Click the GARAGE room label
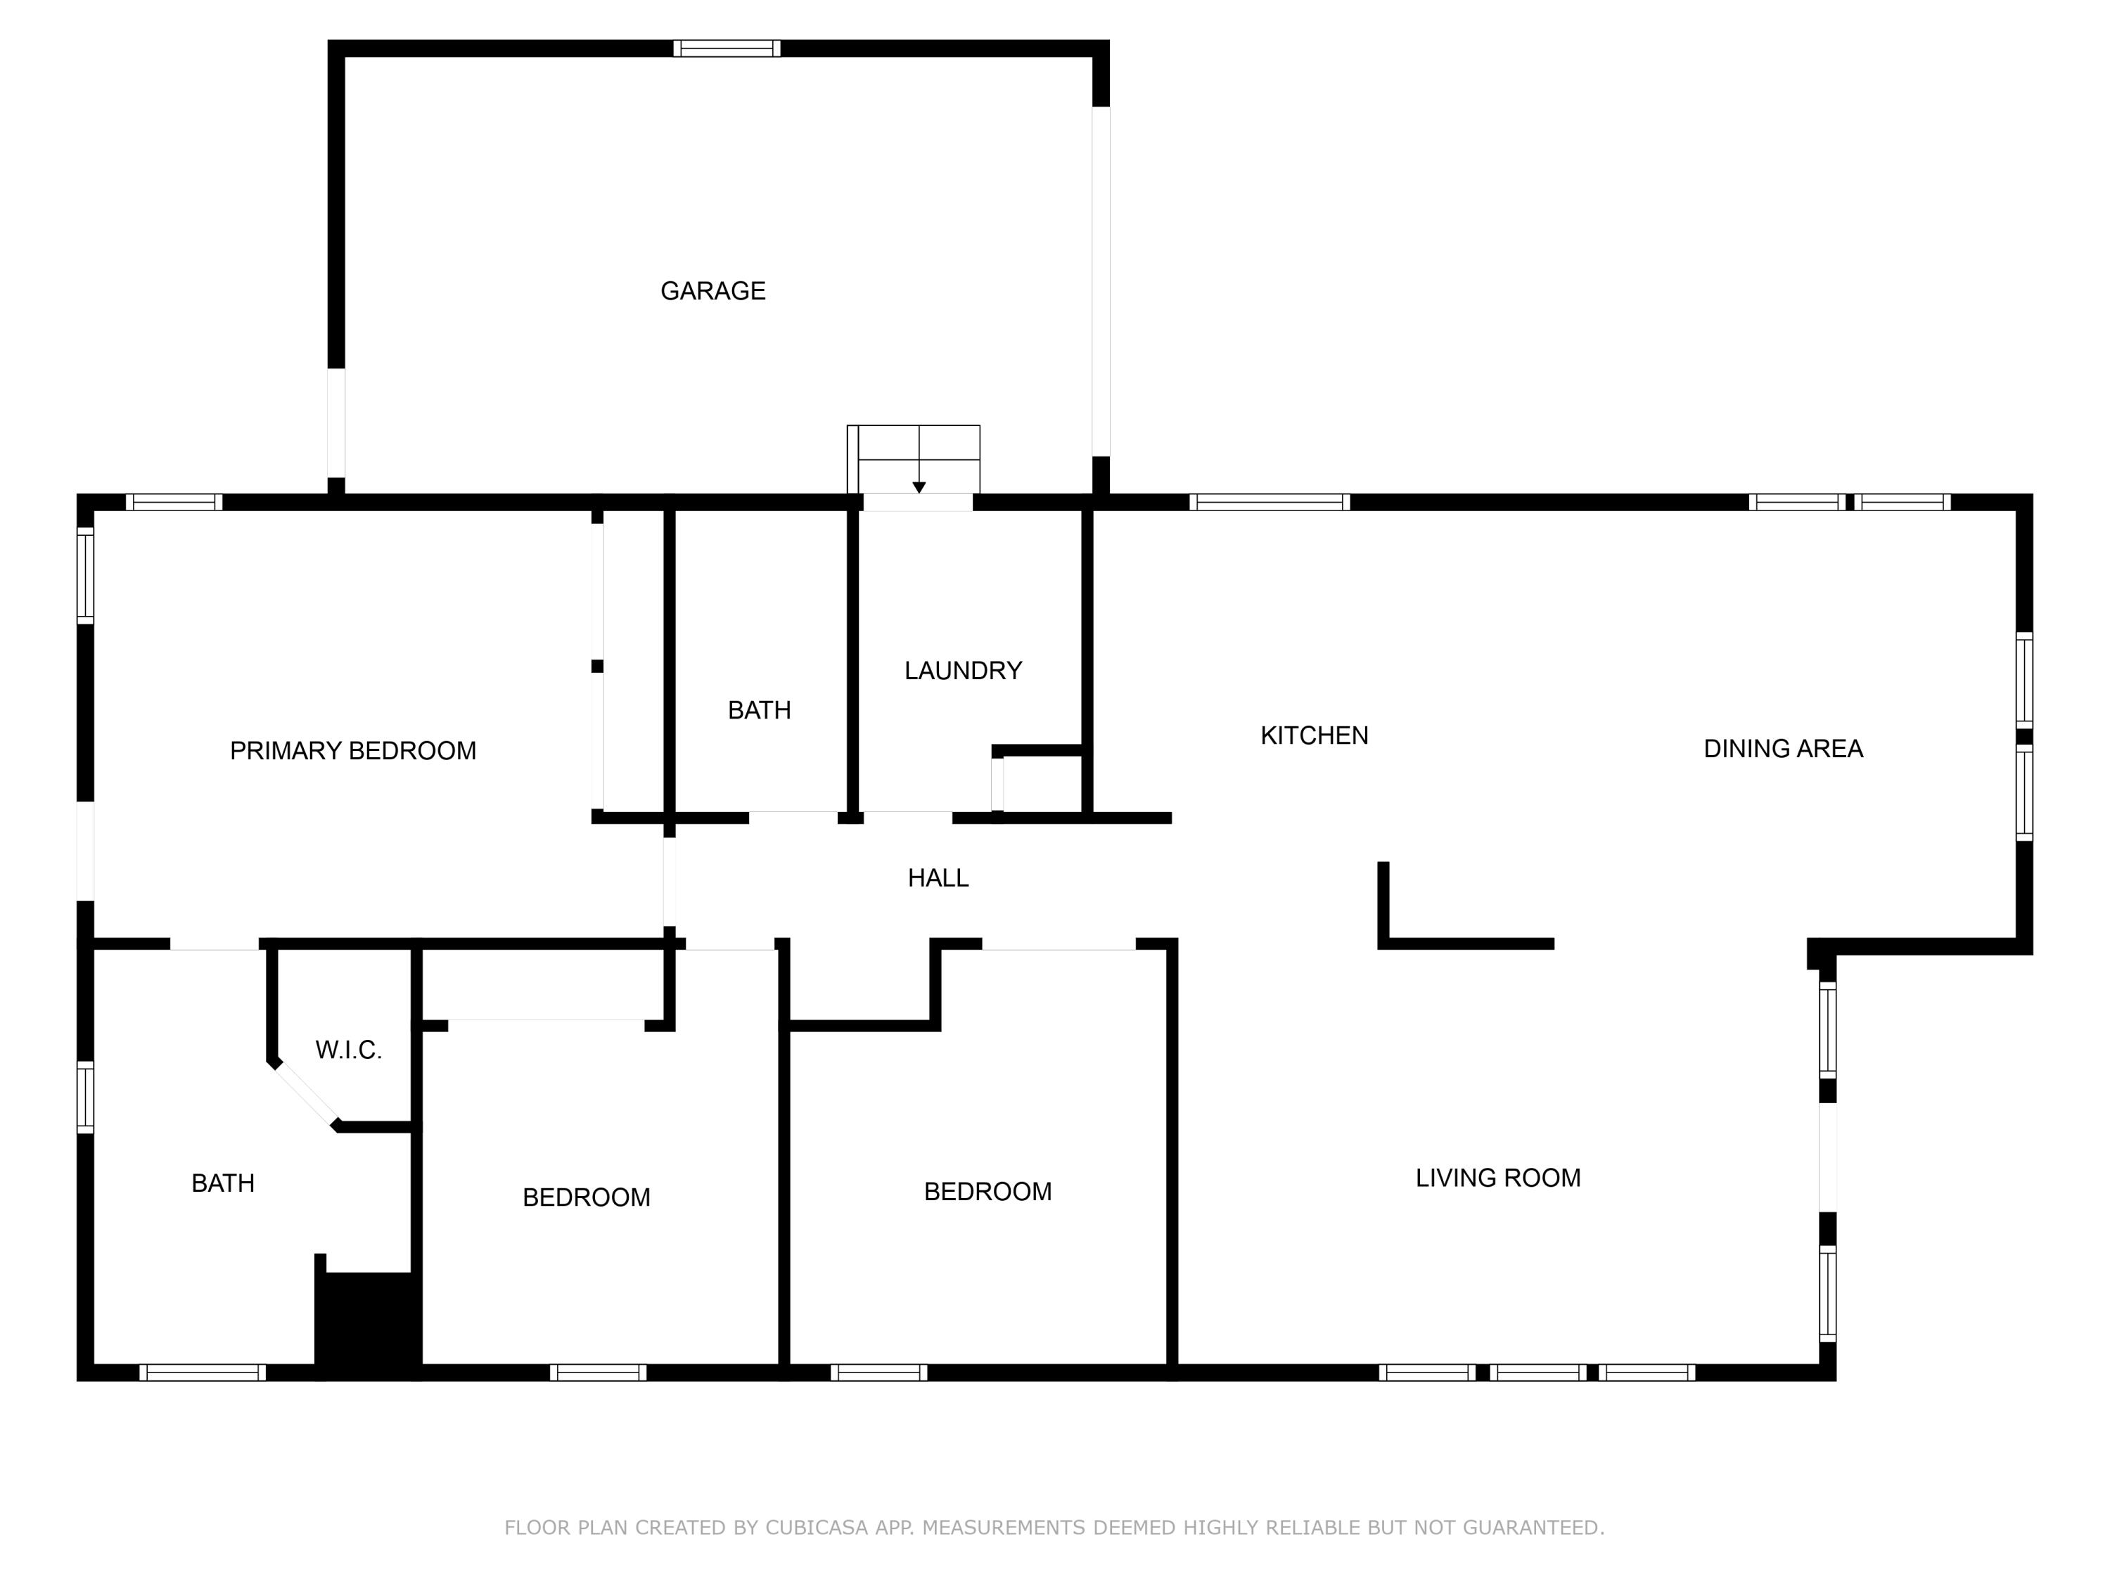point(712,291)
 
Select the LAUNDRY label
point(962,670)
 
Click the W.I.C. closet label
point(348,1050)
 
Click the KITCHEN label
point(1314,735)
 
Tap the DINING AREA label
point(1782,749)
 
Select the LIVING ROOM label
point(1497,1178)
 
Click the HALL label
point(938,878)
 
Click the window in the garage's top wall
point(727,49)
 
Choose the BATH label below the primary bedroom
point(222,1183)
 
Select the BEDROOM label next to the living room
point(987,1191)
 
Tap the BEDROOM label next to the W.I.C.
point(586,1197)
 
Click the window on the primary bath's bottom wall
point(203,1372)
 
